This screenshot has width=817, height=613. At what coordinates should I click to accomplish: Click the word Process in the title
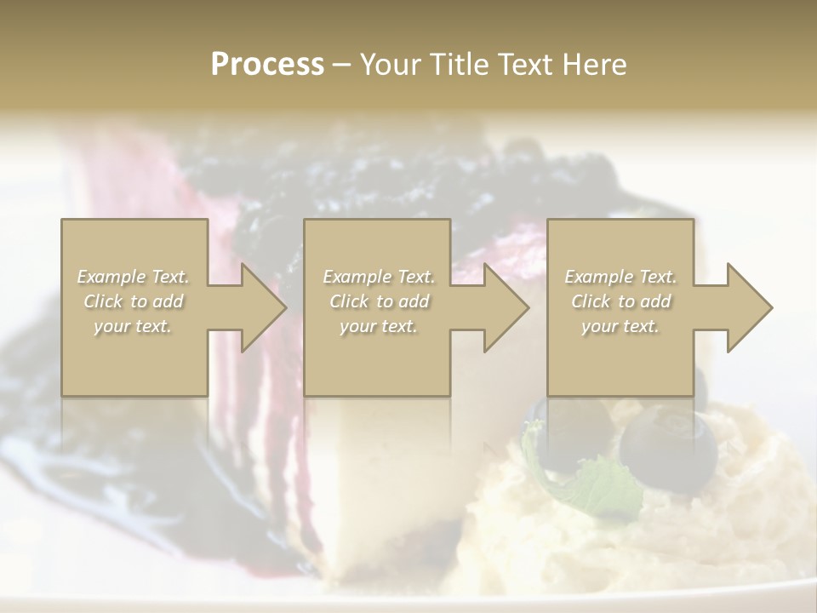click(x=267, y=65)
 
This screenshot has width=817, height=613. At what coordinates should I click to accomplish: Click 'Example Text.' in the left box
click(x=134, y=277)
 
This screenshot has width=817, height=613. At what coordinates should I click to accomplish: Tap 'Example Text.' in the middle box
click(x=379, y=277)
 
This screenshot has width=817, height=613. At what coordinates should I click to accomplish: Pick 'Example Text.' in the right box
click(x=620, y=277)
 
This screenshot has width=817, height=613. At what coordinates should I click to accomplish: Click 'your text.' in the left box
click(x=134, y=326)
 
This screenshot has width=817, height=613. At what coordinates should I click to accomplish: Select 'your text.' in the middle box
click(x=379, y=326)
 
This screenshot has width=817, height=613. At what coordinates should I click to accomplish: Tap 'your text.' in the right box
click(x=620, y=326)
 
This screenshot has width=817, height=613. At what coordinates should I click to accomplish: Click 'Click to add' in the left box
click(x=134, y=301)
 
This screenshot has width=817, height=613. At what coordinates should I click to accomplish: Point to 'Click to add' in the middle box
click(x=379, y=301)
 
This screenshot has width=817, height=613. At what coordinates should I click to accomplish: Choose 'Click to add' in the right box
click(x=620, y=301)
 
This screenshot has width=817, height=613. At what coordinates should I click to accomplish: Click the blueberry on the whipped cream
click(x=668, y=451)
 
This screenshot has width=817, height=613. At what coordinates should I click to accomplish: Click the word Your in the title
click(x=388, y=65)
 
